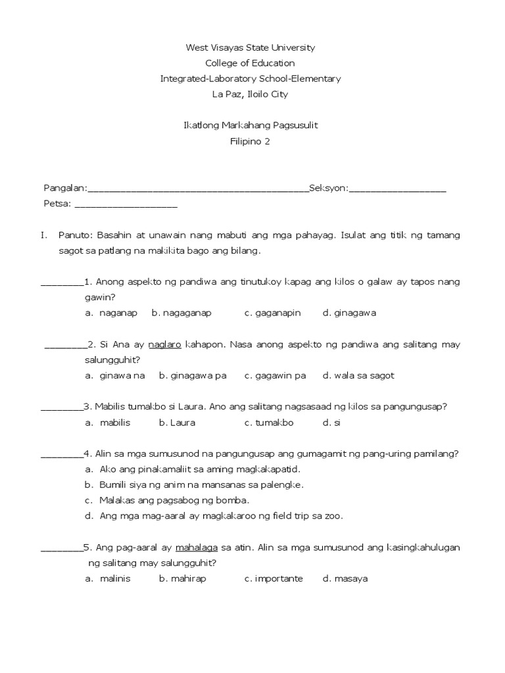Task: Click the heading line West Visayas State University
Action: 251,47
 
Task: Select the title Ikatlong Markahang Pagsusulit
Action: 251,126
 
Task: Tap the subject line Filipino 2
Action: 250,141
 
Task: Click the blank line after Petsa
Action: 126,205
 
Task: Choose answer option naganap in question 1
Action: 118,313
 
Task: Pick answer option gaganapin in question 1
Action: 272,313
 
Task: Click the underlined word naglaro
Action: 165,344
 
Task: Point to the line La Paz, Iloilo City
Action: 250,95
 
